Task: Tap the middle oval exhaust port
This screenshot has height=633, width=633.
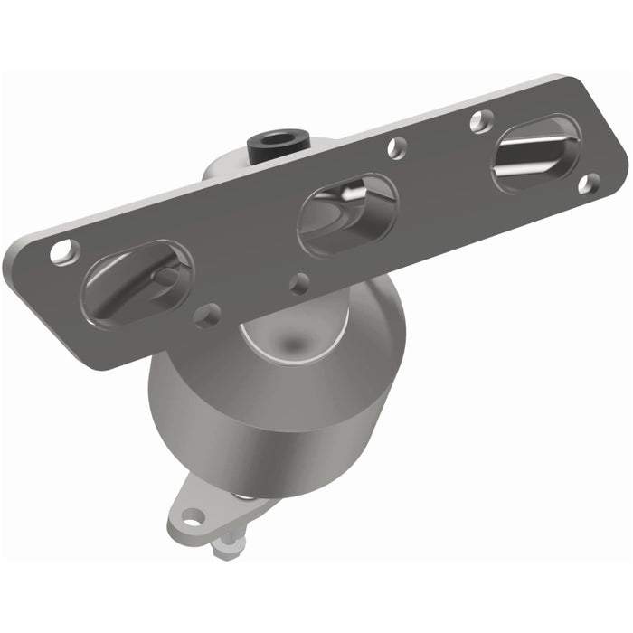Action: tap(347, 213)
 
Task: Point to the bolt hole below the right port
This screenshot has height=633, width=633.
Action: tap(587, 184)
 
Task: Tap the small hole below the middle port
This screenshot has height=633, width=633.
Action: tap(298, 283)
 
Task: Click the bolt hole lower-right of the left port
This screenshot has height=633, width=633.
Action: tap(208, 314)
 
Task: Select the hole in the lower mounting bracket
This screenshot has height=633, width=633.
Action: tap(192, 517)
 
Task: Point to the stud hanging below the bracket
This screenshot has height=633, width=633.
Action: tap(227, 543)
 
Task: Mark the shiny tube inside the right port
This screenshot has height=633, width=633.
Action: tap(538, 154)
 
